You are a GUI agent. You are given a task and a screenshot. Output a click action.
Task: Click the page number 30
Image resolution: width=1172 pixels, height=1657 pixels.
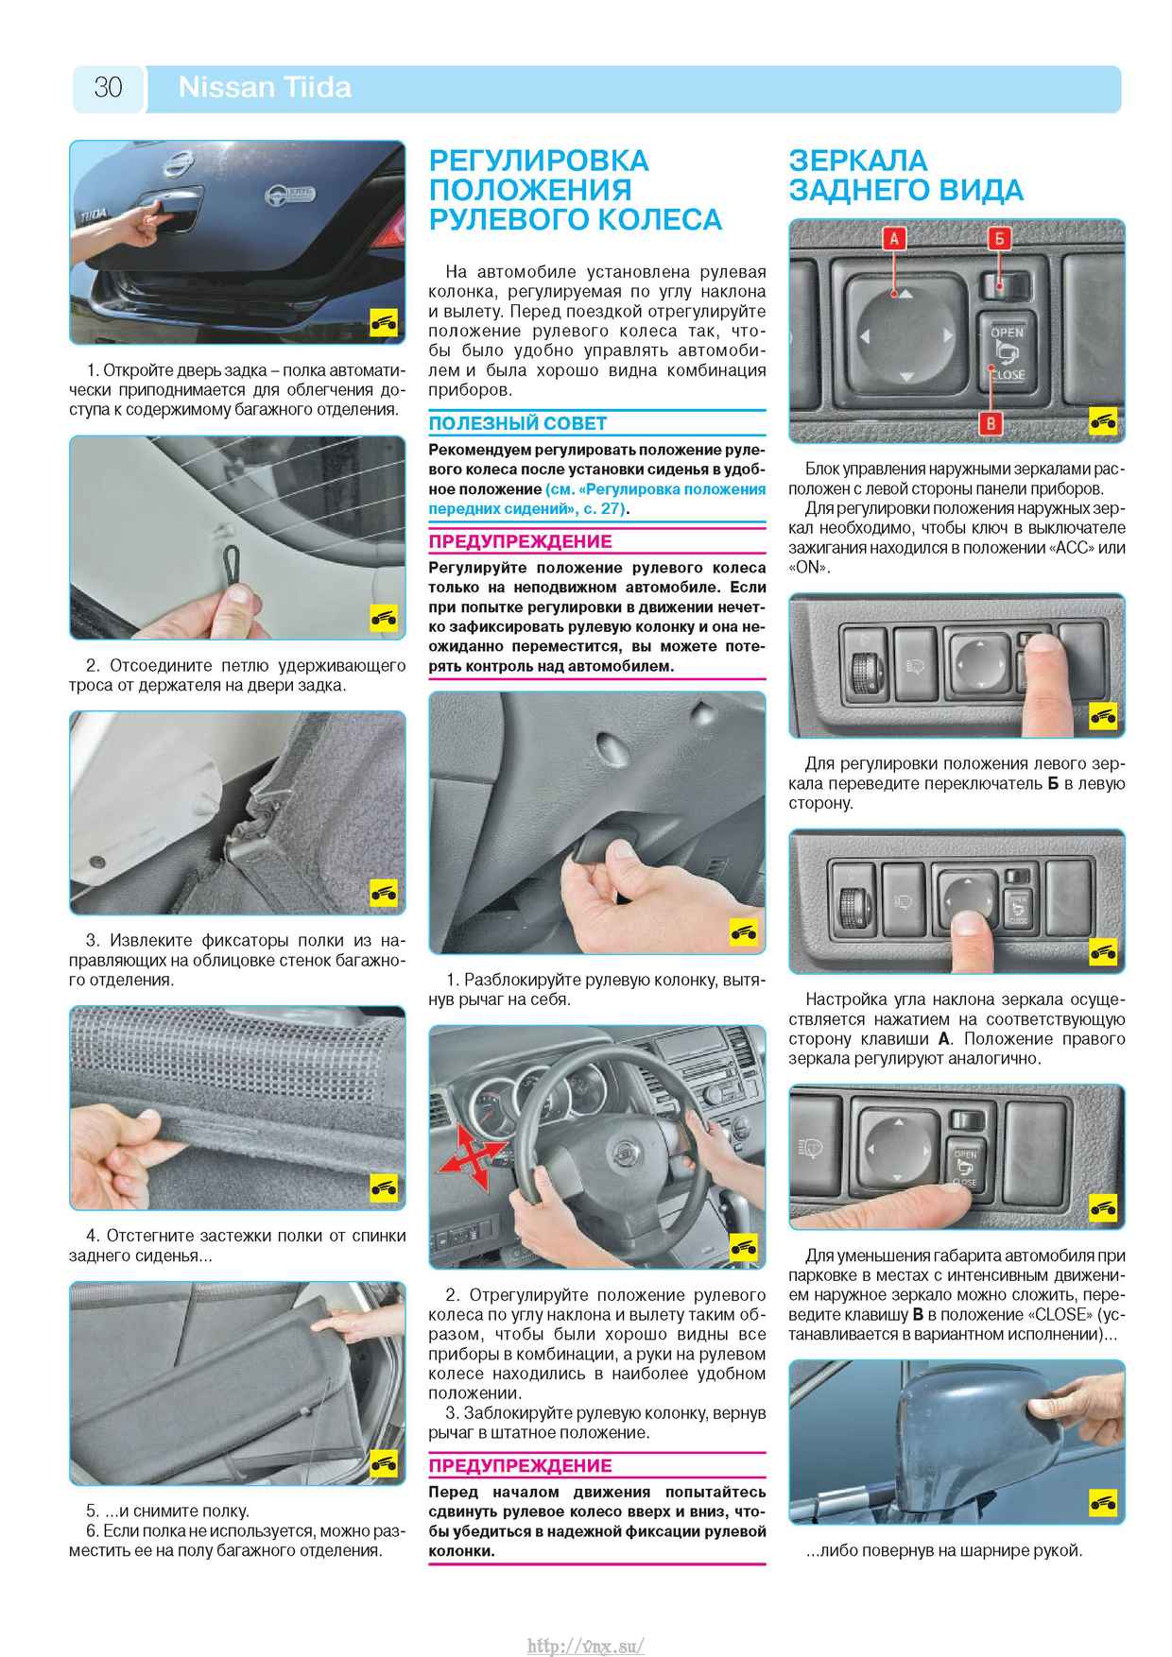click(x=108, y=88)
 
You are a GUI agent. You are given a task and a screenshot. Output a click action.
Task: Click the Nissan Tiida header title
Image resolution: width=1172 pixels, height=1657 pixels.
click(x=265, y=88)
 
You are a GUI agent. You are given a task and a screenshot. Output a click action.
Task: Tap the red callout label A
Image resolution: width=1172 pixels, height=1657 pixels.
click(x=894, y=238)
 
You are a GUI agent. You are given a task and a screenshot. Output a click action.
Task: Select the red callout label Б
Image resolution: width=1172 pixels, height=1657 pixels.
click(x=1000, y=238)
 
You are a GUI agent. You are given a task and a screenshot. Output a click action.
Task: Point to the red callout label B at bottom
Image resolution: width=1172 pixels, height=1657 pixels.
click(x=991, y=423)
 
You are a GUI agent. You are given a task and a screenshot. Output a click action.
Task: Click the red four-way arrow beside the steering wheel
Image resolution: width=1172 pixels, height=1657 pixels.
click(x=470, y=1154)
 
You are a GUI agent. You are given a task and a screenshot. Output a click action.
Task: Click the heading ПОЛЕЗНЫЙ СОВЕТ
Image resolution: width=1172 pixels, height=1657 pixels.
click(x=518, y=423)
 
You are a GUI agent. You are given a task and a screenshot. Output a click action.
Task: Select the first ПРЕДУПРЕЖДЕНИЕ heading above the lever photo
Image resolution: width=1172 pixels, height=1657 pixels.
click(x=520, y=541)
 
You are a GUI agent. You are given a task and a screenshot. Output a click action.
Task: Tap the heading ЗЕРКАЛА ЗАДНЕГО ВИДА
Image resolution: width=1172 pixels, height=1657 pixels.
click(x=905, y=175)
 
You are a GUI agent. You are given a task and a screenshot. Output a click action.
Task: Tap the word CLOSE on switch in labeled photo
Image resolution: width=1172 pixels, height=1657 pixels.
click(x=1008, y=375)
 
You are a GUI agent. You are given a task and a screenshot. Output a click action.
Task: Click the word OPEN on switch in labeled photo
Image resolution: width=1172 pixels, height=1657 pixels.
click(x=1008, y=333)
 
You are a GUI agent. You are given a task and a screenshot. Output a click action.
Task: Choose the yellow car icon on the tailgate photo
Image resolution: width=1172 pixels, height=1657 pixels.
click(x=383, y=323)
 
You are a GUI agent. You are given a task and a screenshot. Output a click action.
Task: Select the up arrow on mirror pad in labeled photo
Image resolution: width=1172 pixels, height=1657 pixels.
click(x=905, y=294)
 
